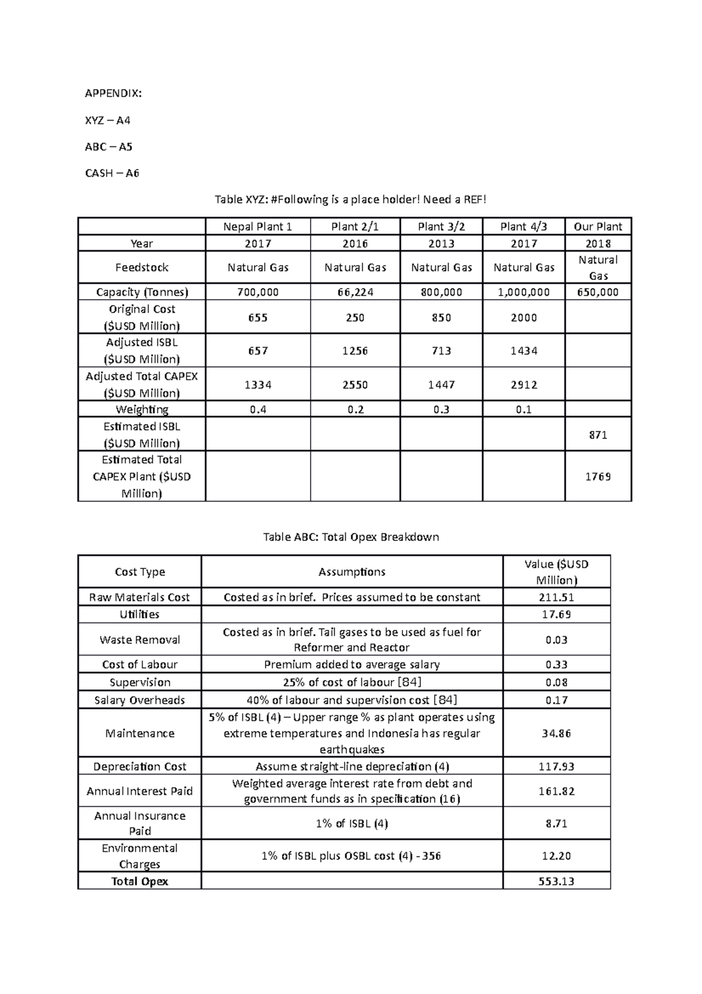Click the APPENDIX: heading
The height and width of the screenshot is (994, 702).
coord(113,94)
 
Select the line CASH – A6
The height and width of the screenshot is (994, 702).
coord(112,173)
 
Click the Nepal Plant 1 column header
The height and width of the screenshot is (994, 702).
coord(257,227)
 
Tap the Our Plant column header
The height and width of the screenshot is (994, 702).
coord(598,227)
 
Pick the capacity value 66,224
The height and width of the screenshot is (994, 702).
coord(355,292)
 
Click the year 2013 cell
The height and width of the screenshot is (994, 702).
coord(441,244)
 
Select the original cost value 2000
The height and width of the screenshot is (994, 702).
coord(524,317)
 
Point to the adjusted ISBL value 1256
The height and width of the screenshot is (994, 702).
coord(355,351)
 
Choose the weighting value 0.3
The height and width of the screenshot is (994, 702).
coord(441,410)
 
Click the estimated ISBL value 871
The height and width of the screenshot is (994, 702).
coord(598,435)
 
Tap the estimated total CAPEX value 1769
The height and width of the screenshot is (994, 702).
coord(598,477)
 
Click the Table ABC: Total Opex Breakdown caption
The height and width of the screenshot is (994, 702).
coord(351,537)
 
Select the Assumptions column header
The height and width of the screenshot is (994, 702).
coord(352,572)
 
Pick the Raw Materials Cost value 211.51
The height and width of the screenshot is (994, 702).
coord(556,598)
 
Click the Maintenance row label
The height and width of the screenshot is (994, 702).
coord(140,733)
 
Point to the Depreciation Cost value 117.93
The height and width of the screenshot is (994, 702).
coord(556,767)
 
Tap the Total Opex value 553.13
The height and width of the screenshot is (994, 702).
coord(556,882)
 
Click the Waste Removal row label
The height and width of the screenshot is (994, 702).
coord(140,640)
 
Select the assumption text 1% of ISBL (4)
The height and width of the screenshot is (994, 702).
coord(352,824)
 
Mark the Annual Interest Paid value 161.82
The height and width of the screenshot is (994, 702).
coord(556,791)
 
